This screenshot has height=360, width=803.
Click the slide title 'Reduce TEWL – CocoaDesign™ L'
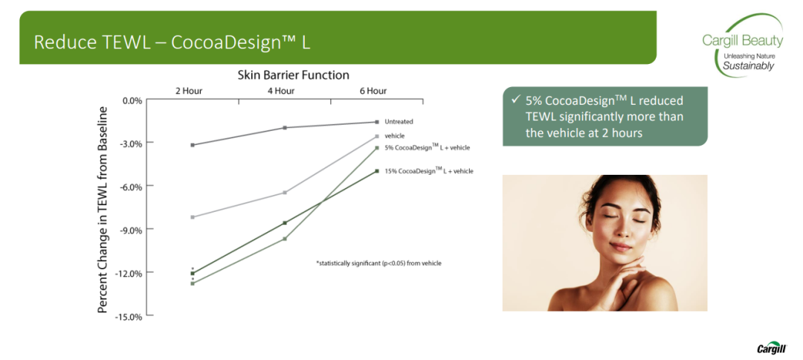pos(172,42)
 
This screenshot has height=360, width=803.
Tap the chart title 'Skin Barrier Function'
pos(294,75)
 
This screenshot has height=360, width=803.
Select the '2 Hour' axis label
pos(188,91)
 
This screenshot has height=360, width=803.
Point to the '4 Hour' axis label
pos(280,91)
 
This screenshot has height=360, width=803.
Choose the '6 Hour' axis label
pos(373,91)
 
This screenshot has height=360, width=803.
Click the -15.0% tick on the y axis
pos(131,316)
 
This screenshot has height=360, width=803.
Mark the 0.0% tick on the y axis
pos(132,100)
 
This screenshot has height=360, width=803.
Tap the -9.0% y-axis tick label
pos(132,230)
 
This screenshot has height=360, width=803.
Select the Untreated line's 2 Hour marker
pos(193,145)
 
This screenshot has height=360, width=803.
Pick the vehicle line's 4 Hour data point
pos(285,193)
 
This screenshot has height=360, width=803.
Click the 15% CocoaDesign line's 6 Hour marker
pos(377,171)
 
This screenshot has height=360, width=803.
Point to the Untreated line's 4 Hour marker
pos(285,127)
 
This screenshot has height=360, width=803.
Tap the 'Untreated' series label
pos(399,122)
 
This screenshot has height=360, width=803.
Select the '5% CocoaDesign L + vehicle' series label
pos(427,147)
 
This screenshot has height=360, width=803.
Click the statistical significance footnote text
pos(378,263)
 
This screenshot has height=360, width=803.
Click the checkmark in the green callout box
pos(516,100)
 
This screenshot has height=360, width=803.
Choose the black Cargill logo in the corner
pos(771,349)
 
